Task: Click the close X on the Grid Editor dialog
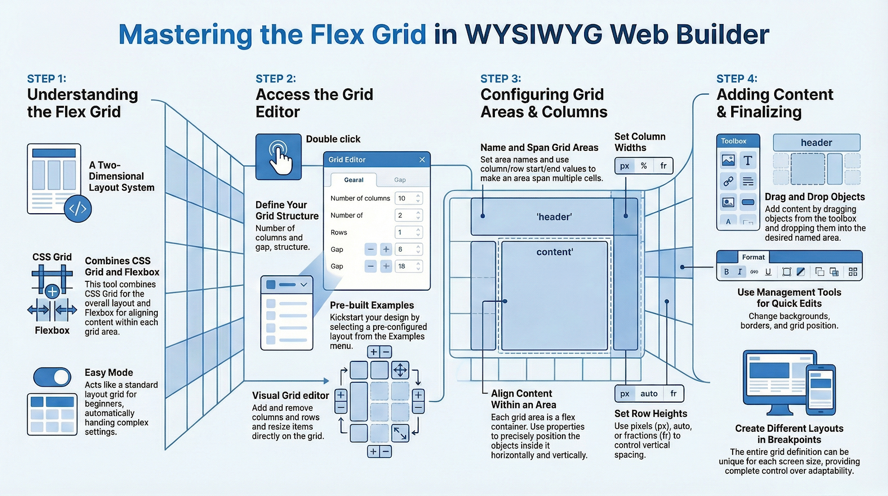[x=422, y=160]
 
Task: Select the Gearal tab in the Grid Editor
[x=354, y=180]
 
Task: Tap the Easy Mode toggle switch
[x=52, y=377]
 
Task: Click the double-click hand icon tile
[x=278, y=157]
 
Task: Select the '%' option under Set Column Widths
[x=644, y=166]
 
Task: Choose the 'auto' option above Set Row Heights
[x=649, y=394]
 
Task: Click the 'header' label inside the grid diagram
[x=554, y=217]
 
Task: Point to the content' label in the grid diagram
[x=555, y=252]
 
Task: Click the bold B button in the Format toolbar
[x=727, y=272]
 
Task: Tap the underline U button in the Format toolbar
[x=768, y=272]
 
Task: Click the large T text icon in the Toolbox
[x=747, y=161]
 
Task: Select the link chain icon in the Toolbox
[x=728, y=181]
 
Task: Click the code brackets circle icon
[x=78, y=209]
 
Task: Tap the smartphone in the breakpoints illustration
[x=820, y=390]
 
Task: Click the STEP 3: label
[x=500, y=79]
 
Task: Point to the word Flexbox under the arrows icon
[x=52, y=330]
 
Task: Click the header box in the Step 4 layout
[x=816, y=143]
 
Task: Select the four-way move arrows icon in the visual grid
[x=400, y=370]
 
